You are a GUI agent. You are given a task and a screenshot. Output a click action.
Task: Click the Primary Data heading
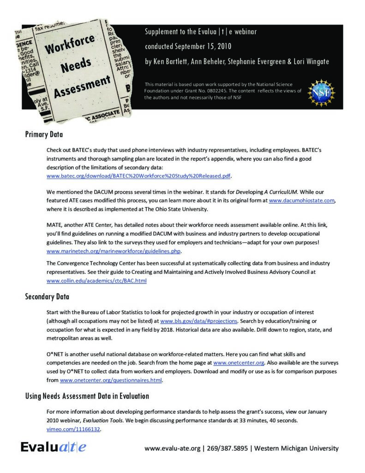pos(44,135)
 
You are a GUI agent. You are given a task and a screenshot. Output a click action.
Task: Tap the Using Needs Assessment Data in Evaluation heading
pos(87,396)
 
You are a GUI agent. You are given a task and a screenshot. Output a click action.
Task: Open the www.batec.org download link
pos(138,176)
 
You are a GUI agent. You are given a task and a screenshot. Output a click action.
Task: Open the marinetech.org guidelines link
pos(114,251)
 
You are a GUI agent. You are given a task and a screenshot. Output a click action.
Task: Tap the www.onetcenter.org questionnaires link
pos(111,381)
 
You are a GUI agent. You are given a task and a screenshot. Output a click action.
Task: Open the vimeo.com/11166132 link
pos(73,429)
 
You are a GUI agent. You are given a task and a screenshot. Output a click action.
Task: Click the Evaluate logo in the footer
pos(53,447)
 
